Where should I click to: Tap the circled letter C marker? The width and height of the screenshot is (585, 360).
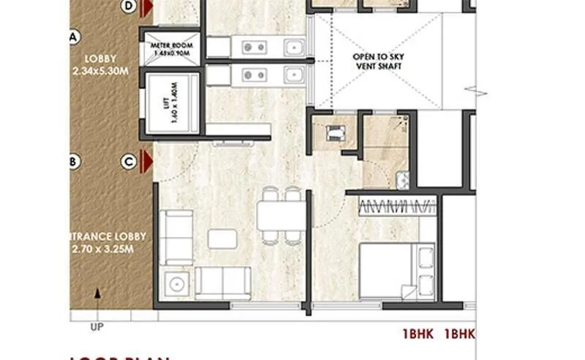click(x=129, y=161)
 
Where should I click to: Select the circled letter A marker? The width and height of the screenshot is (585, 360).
click(x=73, y=36)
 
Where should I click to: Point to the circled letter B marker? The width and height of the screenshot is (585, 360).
click(x=73, y=161)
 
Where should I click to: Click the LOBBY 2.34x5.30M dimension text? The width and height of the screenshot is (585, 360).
click(x=101, y=64)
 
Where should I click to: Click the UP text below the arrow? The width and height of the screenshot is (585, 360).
click(x=95, y=326)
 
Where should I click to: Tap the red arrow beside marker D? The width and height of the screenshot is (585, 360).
click(x=147, y=7)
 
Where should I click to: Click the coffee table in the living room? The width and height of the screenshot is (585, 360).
click(x=222, y=239)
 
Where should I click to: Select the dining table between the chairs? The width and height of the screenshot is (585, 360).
click(x=281, y=216)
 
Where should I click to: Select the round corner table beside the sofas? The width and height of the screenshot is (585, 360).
click(x=175, y=282)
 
